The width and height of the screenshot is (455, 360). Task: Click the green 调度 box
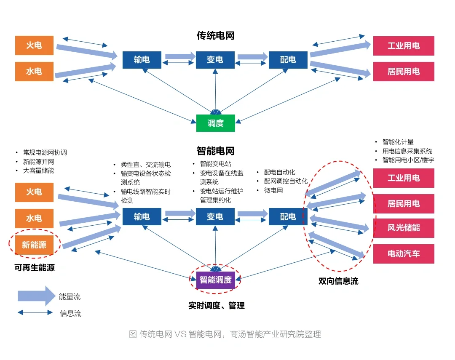(x=215, y=123)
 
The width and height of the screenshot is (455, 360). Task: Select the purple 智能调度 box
(x=215, y=280)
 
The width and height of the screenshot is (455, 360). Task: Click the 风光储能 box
(x=403, y=228)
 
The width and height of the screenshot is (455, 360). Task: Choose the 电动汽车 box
(x=403, y=254)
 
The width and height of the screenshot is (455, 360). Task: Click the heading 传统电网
(x=215, y=36)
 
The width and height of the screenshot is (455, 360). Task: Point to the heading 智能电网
(x=215, y=151)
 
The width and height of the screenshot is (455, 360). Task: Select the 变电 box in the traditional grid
(x=215, y=60)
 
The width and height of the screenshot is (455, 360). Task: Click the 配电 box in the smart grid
(x=288, y=216)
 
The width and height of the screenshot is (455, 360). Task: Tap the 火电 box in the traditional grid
(x=34, y=45)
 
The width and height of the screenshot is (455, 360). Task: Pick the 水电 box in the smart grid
(x=34, y=218)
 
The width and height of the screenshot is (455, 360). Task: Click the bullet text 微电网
(x=273, y=190)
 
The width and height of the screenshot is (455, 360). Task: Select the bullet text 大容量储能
(x=39, y=171)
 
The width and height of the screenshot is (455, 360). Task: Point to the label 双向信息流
(x=338, y=281)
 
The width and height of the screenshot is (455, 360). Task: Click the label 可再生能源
(x=34, y=267)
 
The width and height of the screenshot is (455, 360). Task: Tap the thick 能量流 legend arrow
(x=36, y=296)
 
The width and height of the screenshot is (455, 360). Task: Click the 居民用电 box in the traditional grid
(x=403, y=72)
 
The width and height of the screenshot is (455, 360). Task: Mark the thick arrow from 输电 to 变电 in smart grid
(x=180, y=213)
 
